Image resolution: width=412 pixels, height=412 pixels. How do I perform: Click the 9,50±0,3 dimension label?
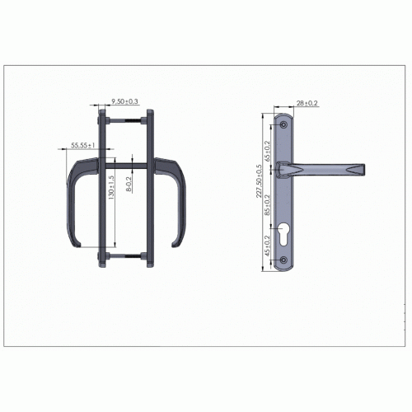[x=124, y=101]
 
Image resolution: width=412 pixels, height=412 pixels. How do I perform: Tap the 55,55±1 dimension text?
[x=82, y=145]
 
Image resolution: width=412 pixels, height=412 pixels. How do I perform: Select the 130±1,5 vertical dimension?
[x=111, y=187]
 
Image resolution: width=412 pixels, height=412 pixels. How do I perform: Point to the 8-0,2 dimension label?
[x=129, y=184]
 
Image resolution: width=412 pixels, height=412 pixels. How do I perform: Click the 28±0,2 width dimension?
[x=307, y=103]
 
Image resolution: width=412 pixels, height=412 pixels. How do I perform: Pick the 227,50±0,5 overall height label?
[x=259, y=181]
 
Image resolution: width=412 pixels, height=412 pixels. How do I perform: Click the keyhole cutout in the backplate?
[x=283, y=234]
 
